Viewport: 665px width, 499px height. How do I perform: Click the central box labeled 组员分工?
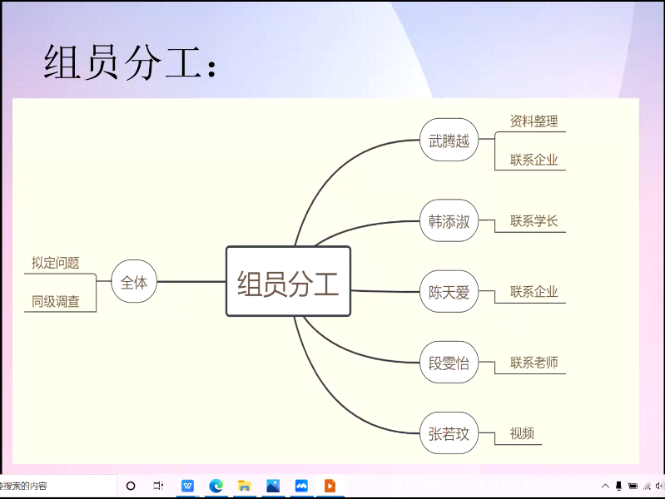(x=288, y=282)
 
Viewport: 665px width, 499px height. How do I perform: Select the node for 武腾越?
(x=449, y=141)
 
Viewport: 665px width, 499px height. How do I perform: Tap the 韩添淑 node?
(x=449, y=221)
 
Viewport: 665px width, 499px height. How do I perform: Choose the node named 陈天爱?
(x=449, y=292)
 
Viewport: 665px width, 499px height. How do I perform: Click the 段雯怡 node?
(x=449, y=363)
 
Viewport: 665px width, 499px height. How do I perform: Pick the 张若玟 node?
(x=449, y=433)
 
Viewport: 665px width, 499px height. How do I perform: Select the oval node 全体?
(x=134, y=282)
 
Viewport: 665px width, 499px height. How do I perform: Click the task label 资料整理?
(x=533, y=121)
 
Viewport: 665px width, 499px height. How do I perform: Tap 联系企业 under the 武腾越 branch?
(x=533, y=160)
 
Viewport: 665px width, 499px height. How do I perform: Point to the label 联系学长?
(x=533, y=221)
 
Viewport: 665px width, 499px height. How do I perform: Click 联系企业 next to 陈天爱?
(x=533, y=292)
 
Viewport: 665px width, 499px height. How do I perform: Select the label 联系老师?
(x=533, y=363)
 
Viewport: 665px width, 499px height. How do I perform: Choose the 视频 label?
(x=522, y=433)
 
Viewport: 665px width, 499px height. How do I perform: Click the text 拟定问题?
(x=56, y=263)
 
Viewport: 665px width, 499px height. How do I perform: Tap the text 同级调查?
(x=56, y=301)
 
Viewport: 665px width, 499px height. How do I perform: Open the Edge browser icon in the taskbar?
(x=216, y=486)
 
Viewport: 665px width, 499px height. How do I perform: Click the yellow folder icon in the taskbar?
(x=245, y=486)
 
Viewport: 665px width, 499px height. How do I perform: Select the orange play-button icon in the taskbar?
(x=330, y=486)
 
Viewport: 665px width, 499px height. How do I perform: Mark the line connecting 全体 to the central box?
(x=191, y=282)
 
